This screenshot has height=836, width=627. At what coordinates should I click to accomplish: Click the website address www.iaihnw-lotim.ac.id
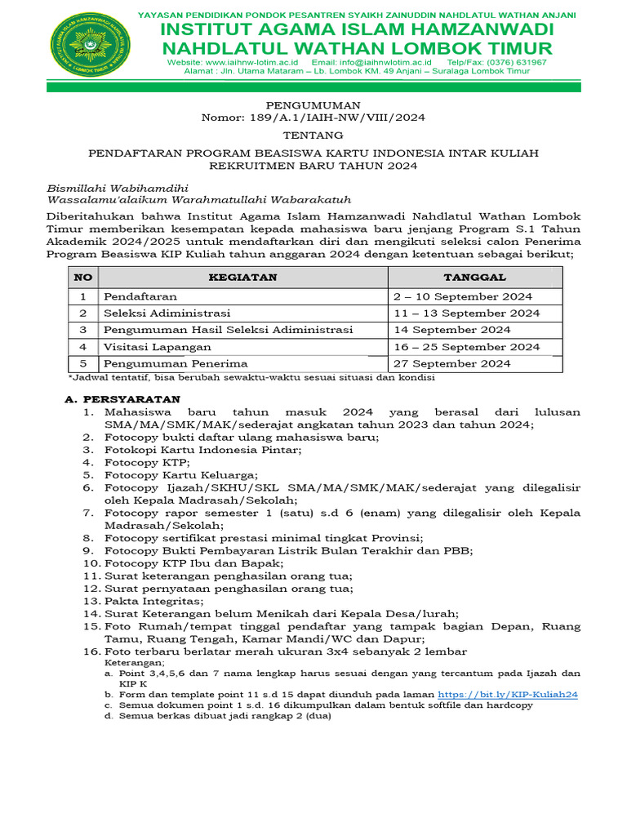tap(251, 62)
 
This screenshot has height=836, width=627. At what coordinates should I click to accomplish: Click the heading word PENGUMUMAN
tap(313, 105)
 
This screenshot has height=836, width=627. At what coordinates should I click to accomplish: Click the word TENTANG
tap(313, 135)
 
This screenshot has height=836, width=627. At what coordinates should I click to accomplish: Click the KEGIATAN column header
tap(242, 278)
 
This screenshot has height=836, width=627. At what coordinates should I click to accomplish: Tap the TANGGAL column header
tap(474, 278)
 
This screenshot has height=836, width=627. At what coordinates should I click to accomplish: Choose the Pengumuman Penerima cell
tap(176, 363)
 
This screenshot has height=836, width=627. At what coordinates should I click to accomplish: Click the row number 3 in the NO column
tap(82, 330)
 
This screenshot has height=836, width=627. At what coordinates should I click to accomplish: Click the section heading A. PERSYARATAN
tap(122, 399)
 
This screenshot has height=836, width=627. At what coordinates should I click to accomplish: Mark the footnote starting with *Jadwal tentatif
tap(251, 378)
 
